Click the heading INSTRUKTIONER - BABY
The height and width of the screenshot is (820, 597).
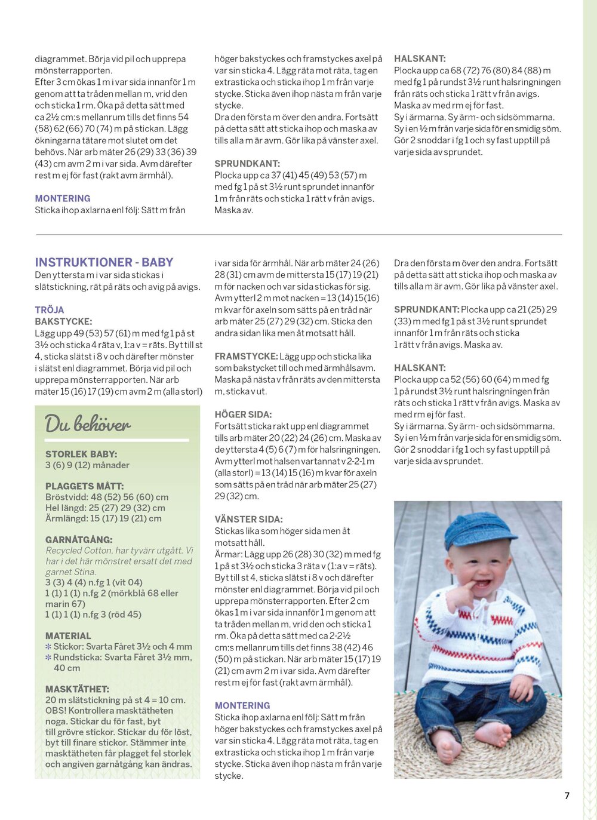tap(104, 262)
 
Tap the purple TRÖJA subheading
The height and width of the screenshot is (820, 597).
tap(50, 309)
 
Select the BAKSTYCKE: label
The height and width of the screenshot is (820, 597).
tap(63, 321)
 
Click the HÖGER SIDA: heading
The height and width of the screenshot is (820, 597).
tap(243, 414)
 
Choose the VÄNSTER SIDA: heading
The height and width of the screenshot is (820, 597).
tap(248, 519)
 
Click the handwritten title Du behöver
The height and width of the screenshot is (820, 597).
tap(87, 424)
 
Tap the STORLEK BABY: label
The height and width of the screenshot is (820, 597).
tap(81, 454)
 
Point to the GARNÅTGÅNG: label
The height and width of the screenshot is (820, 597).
tap(79, 539)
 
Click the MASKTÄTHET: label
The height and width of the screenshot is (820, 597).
tap(77, 689)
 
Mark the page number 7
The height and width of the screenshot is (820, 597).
tap(567, 796)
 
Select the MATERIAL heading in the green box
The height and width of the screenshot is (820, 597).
tap(68, 636)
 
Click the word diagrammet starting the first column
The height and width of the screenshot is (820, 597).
tap(60, 59)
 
